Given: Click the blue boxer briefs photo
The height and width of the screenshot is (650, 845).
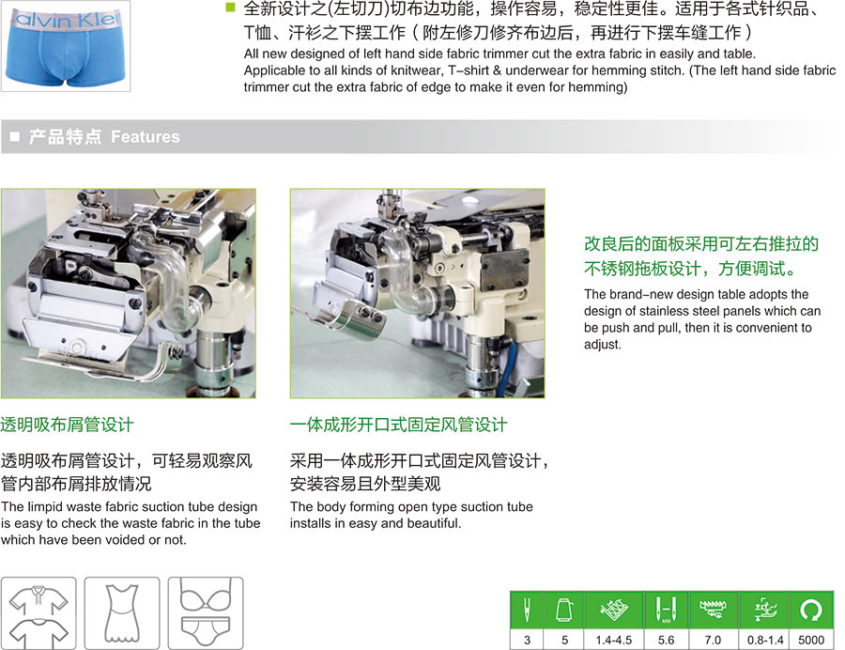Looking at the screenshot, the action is click(65, 46).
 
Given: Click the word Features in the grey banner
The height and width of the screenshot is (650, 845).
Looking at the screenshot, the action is click(145, 137).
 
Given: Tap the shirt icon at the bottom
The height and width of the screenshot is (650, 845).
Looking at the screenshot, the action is click(38, 613).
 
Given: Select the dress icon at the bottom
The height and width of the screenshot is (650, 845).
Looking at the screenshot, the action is click(122, 613).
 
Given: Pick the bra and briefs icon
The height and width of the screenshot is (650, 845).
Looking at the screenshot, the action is click(206, 613).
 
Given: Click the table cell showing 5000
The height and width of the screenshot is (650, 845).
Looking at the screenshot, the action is click(810, 640).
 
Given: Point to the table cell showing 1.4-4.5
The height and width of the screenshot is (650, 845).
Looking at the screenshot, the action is click(613, 640).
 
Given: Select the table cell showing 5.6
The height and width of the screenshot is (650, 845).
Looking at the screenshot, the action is click(666, 640).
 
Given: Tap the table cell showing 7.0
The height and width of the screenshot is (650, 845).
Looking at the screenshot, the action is click(713, 640).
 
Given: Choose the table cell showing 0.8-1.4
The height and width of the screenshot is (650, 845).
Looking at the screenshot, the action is click(764, 640).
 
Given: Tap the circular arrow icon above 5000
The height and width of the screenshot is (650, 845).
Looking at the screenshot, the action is click(810, 611).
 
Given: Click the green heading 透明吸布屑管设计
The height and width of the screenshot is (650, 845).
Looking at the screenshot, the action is click(67, 425).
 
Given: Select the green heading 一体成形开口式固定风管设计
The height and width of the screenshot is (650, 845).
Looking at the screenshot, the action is click(398, 425).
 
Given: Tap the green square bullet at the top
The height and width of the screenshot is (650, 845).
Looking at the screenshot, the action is click(231, 7).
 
